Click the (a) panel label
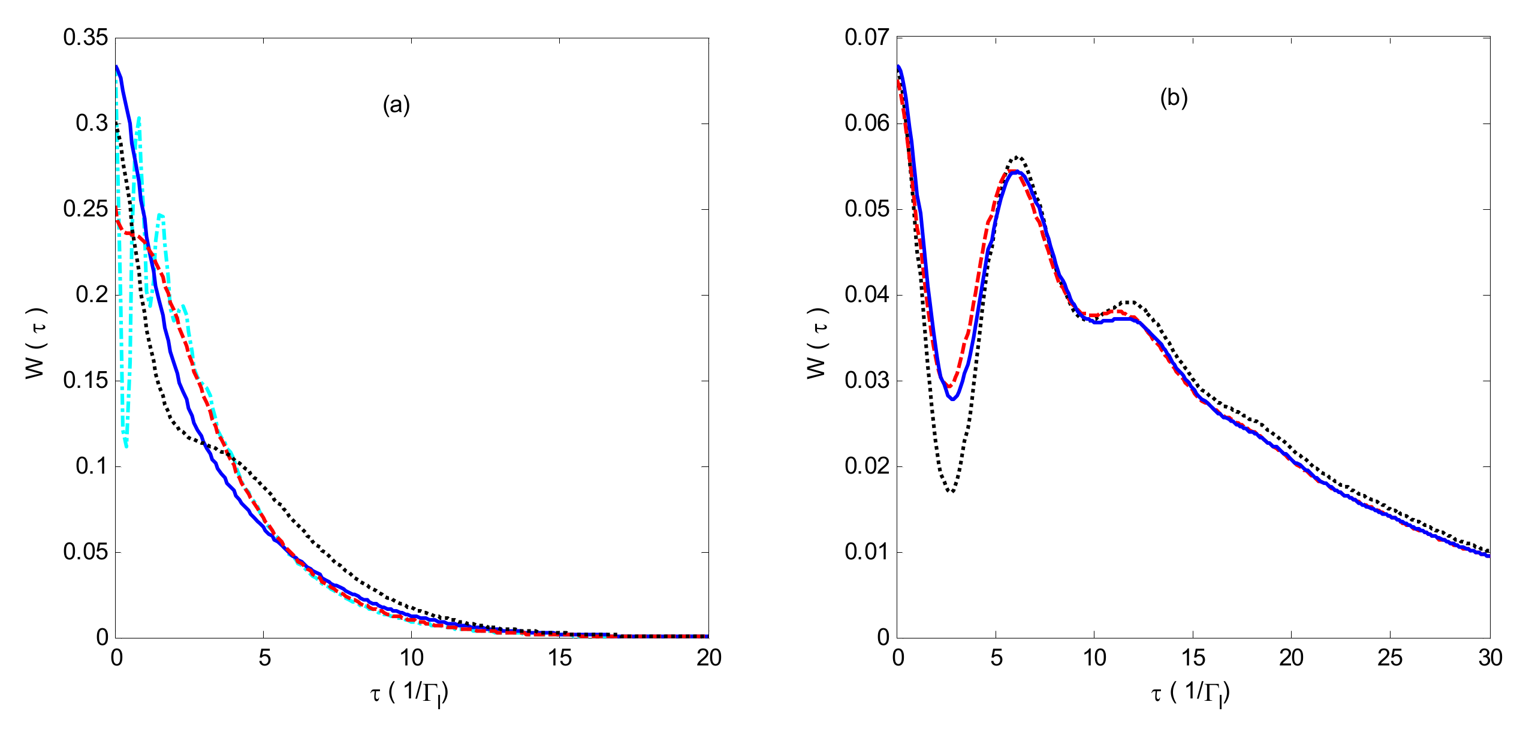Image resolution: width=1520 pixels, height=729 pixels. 396,105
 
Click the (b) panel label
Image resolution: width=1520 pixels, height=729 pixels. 1174,97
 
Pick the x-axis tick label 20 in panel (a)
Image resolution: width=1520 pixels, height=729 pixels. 708,658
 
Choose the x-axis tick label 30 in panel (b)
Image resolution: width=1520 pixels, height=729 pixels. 1489,658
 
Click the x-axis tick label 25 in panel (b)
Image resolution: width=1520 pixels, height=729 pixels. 1389,658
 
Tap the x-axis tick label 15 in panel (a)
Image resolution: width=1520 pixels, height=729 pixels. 559,658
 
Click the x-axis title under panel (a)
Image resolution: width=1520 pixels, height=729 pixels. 409,694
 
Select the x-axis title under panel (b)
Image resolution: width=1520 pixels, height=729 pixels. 1190,694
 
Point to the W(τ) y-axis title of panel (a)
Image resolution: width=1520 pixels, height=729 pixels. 36,344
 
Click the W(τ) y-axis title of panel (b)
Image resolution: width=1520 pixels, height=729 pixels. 817,344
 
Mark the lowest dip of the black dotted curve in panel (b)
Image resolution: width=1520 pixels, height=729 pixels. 951,492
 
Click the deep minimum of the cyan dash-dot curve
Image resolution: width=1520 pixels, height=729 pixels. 126,445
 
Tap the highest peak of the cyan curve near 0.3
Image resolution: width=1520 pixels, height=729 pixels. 139,118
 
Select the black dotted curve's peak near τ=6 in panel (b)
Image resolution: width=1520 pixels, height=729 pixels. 1017,157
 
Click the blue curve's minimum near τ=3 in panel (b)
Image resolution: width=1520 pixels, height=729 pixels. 952,399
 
